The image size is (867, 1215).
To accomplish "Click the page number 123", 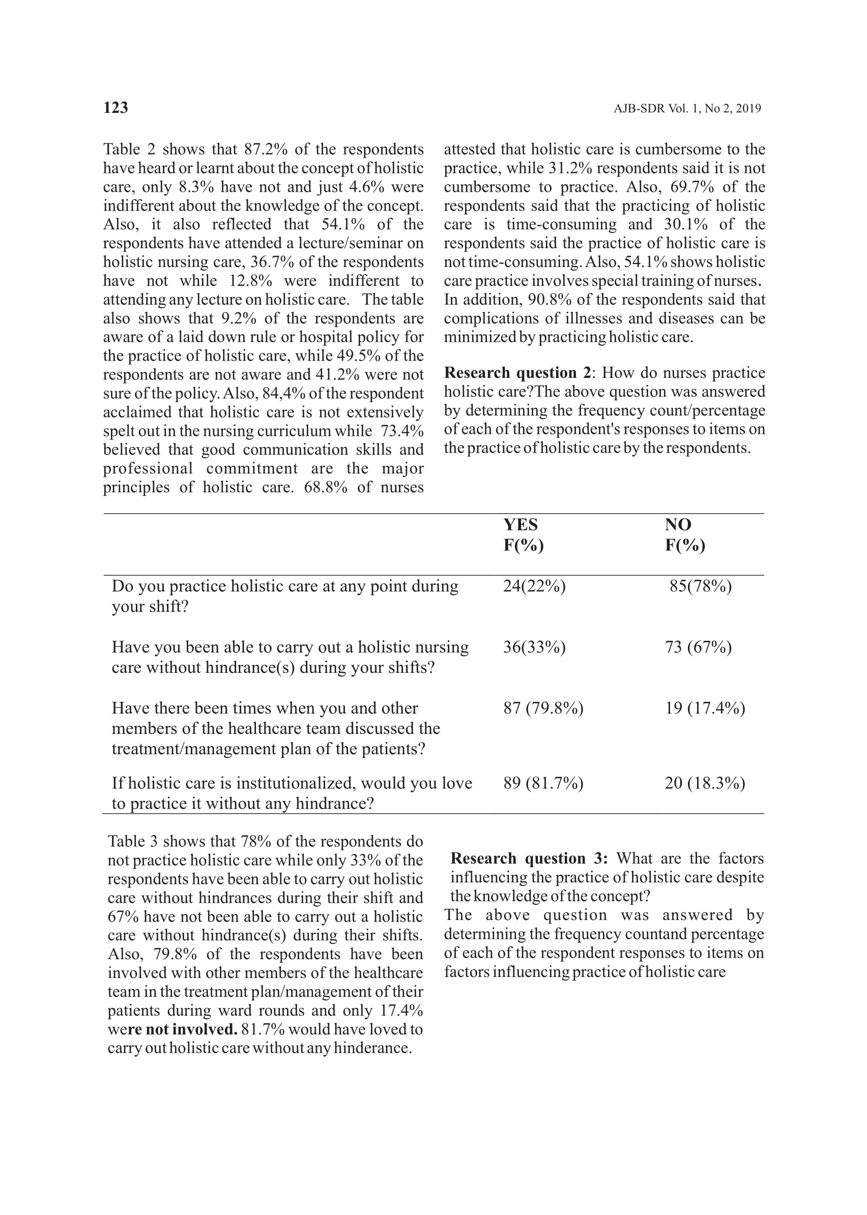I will (115, 108).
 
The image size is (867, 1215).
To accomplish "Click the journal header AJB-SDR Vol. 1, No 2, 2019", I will (687, 109).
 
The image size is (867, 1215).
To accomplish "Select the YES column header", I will (521, 525).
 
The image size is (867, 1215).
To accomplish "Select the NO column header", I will (678, 525).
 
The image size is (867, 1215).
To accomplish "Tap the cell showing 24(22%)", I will (534, 586).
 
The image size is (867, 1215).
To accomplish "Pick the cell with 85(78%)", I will (701, 586).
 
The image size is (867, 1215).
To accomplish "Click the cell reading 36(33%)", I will (534, 647).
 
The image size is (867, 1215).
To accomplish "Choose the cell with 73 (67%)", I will (698, 647).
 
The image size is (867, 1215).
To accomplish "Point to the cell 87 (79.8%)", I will (543, 708).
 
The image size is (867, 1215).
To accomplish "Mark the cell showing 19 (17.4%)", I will (705, 708).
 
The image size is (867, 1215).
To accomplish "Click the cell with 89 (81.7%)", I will (543, 783).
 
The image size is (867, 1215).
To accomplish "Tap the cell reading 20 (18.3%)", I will (705, 783).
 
